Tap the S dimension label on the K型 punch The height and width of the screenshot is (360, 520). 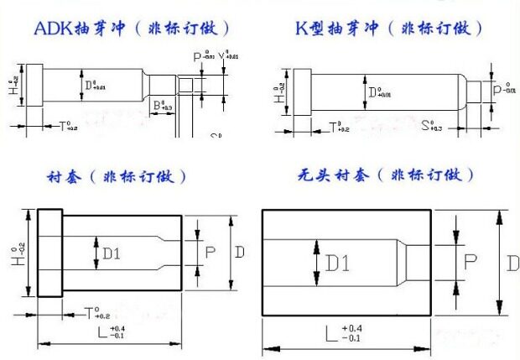tap(426, 125)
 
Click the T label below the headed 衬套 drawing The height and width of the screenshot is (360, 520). tap(90, 313)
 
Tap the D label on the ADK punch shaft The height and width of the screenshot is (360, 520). tap(89, 85)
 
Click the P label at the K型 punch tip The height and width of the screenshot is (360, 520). tap(497, 87)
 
